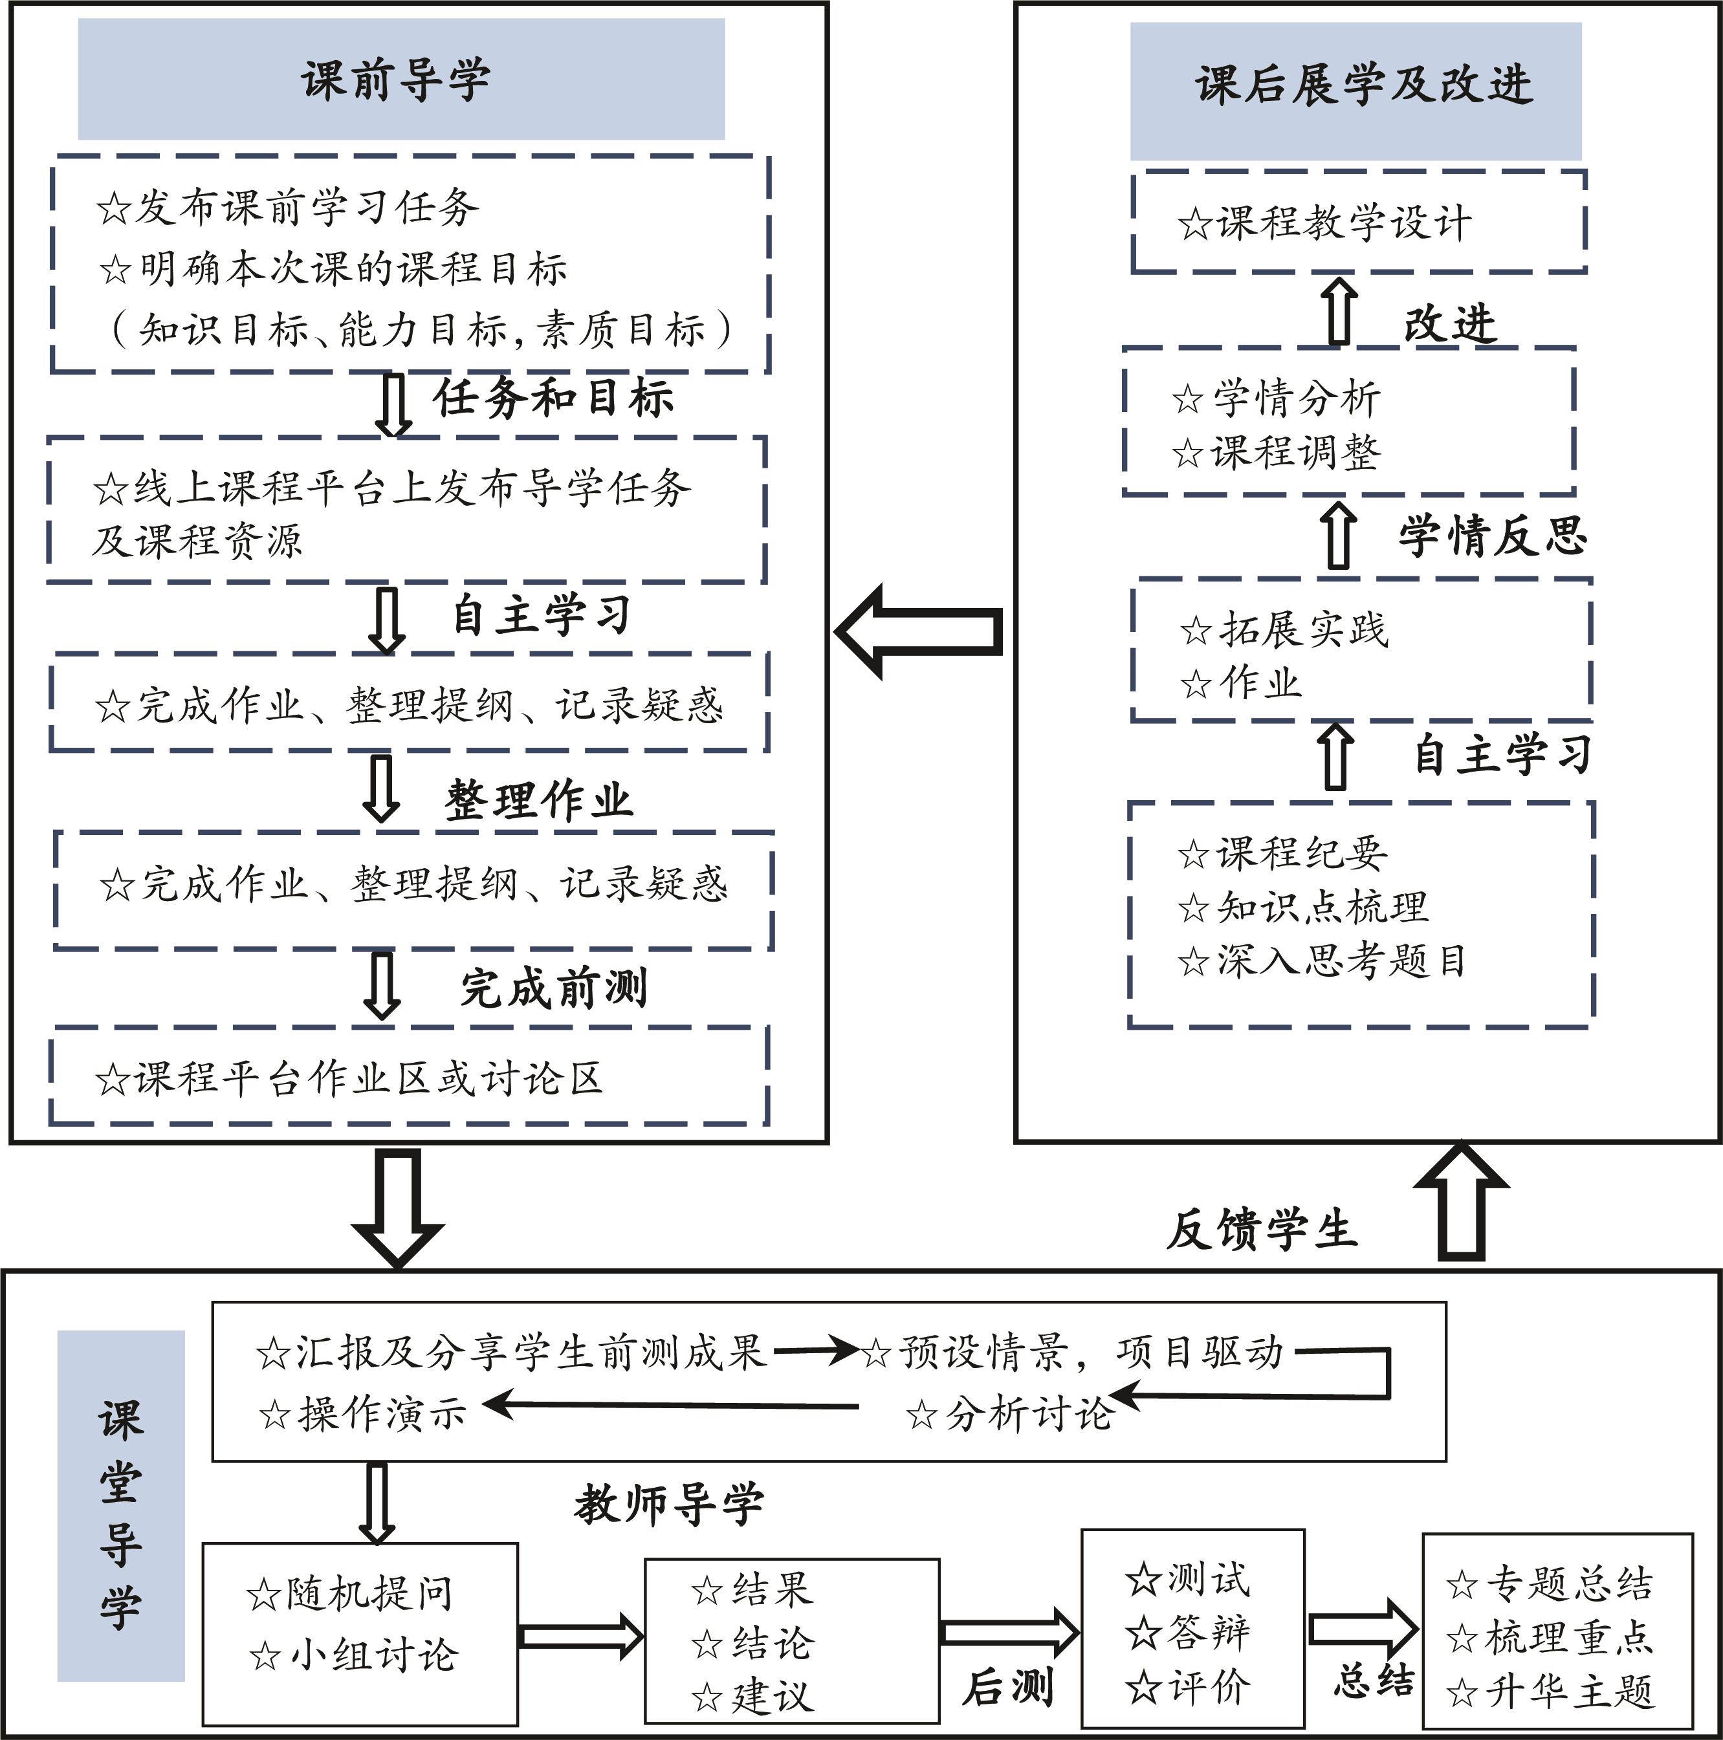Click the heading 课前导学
[x=397, y=80]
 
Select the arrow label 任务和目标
[x=553, y=398]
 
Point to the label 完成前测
[x=554, y=988]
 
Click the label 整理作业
[x=538, y=799]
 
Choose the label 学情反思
[x=1493, y=537]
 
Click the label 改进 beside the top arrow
[x=1449, y=323]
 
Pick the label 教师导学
[x=669, y=1503]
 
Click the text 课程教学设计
[x=1326, y=223]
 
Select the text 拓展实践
[x=1287, y=629]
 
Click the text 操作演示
[x=364, y=1414]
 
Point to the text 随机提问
[x=351, y=1593]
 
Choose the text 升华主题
[x=1551, y=1691]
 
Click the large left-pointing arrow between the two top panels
[x=919, y=631]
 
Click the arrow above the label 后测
[x=1009, y=1633]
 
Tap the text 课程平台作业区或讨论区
[x=349, y=1078]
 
